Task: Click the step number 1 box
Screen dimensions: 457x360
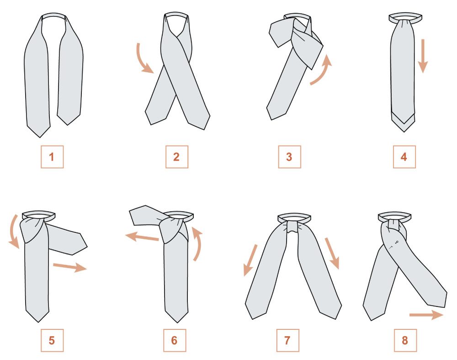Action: coord(52,157)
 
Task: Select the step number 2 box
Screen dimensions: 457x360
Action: coord(176,157)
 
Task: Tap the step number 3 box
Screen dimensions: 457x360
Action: coord(289,157)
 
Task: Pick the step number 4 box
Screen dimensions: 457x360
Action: coord(404,157)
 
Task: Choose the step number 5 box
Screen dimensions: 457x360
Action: coord(52,340)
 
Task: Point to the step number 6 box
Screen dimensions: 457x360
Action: coord(175,340)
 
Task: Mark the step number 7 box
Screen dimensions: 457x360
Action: coord(287,340)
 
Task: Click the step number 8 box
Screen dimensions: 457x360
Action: coord(405,340)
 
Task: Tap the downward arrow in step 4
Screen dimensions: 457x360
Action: coord(423,56)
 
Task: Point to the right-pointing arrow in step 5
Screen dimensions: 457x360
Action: coord(70,266)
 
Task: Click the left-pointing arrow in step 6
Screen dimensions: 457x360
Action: coord(142,238)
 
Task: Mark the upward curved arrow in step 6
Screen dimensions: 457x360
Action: coord(198,245)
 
